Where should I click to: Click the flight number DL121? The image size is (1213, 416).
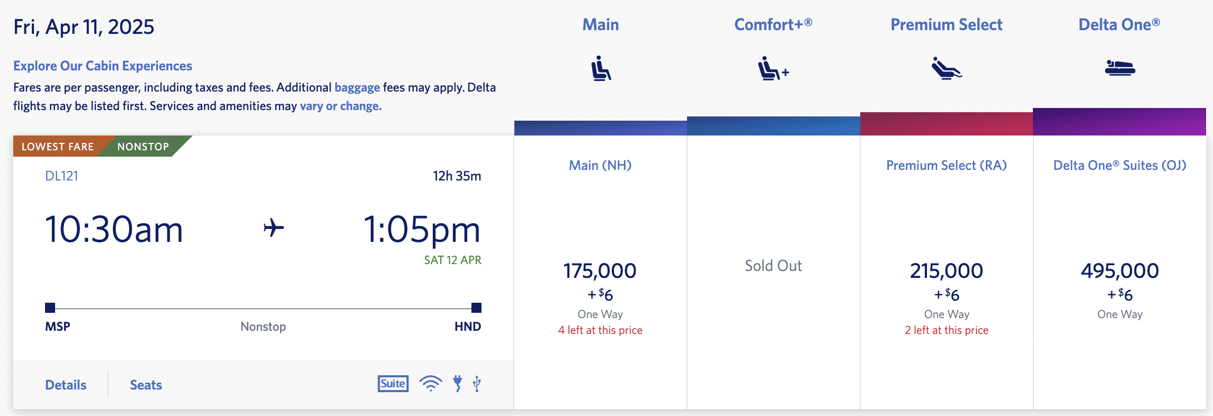(61, 176)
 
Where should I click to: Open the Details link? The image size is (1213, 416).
(66, 385)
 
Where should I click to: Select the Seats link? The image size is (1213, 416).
(146, 385)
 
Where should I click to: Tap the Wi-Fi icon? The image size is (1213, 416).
(431, 383)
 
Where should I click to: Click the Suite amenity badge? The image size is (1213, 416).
(393, 384)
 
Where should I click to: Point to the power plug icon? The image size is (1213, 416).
(458, 383)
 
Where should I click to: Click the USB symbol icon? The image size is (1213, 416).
(477, 383)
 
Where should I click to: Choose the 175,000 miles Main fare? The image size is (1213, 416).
(600, 271)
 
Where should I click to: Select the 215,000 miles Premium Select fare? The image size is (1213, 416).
(946, 271)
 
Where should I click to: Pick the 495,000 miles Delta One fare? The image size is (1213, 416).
(1119, 271)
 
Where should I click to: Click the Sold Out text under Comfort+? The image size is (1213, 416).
(773, 266)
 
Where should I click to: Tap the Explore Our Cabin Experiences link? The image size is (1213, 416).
(103, 66)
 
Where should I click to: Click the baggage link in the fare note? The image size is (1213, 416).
(357, 87)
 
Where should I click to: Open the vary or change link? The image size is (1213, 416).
(341, 106)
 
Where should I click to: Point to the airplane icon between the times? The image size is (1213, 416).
(273, 228)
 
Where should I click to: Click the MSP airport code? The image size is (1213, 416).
(58, 327)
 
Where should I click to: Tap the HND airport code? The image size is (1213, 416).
(467, 327)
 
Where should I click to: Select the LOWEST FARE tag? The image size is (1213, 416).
(58, 147)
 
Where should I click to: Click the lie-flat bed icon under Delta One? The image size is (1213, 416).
(1119, 68)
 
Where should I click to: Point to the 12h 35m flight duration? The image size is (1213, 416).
(457, 176)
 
